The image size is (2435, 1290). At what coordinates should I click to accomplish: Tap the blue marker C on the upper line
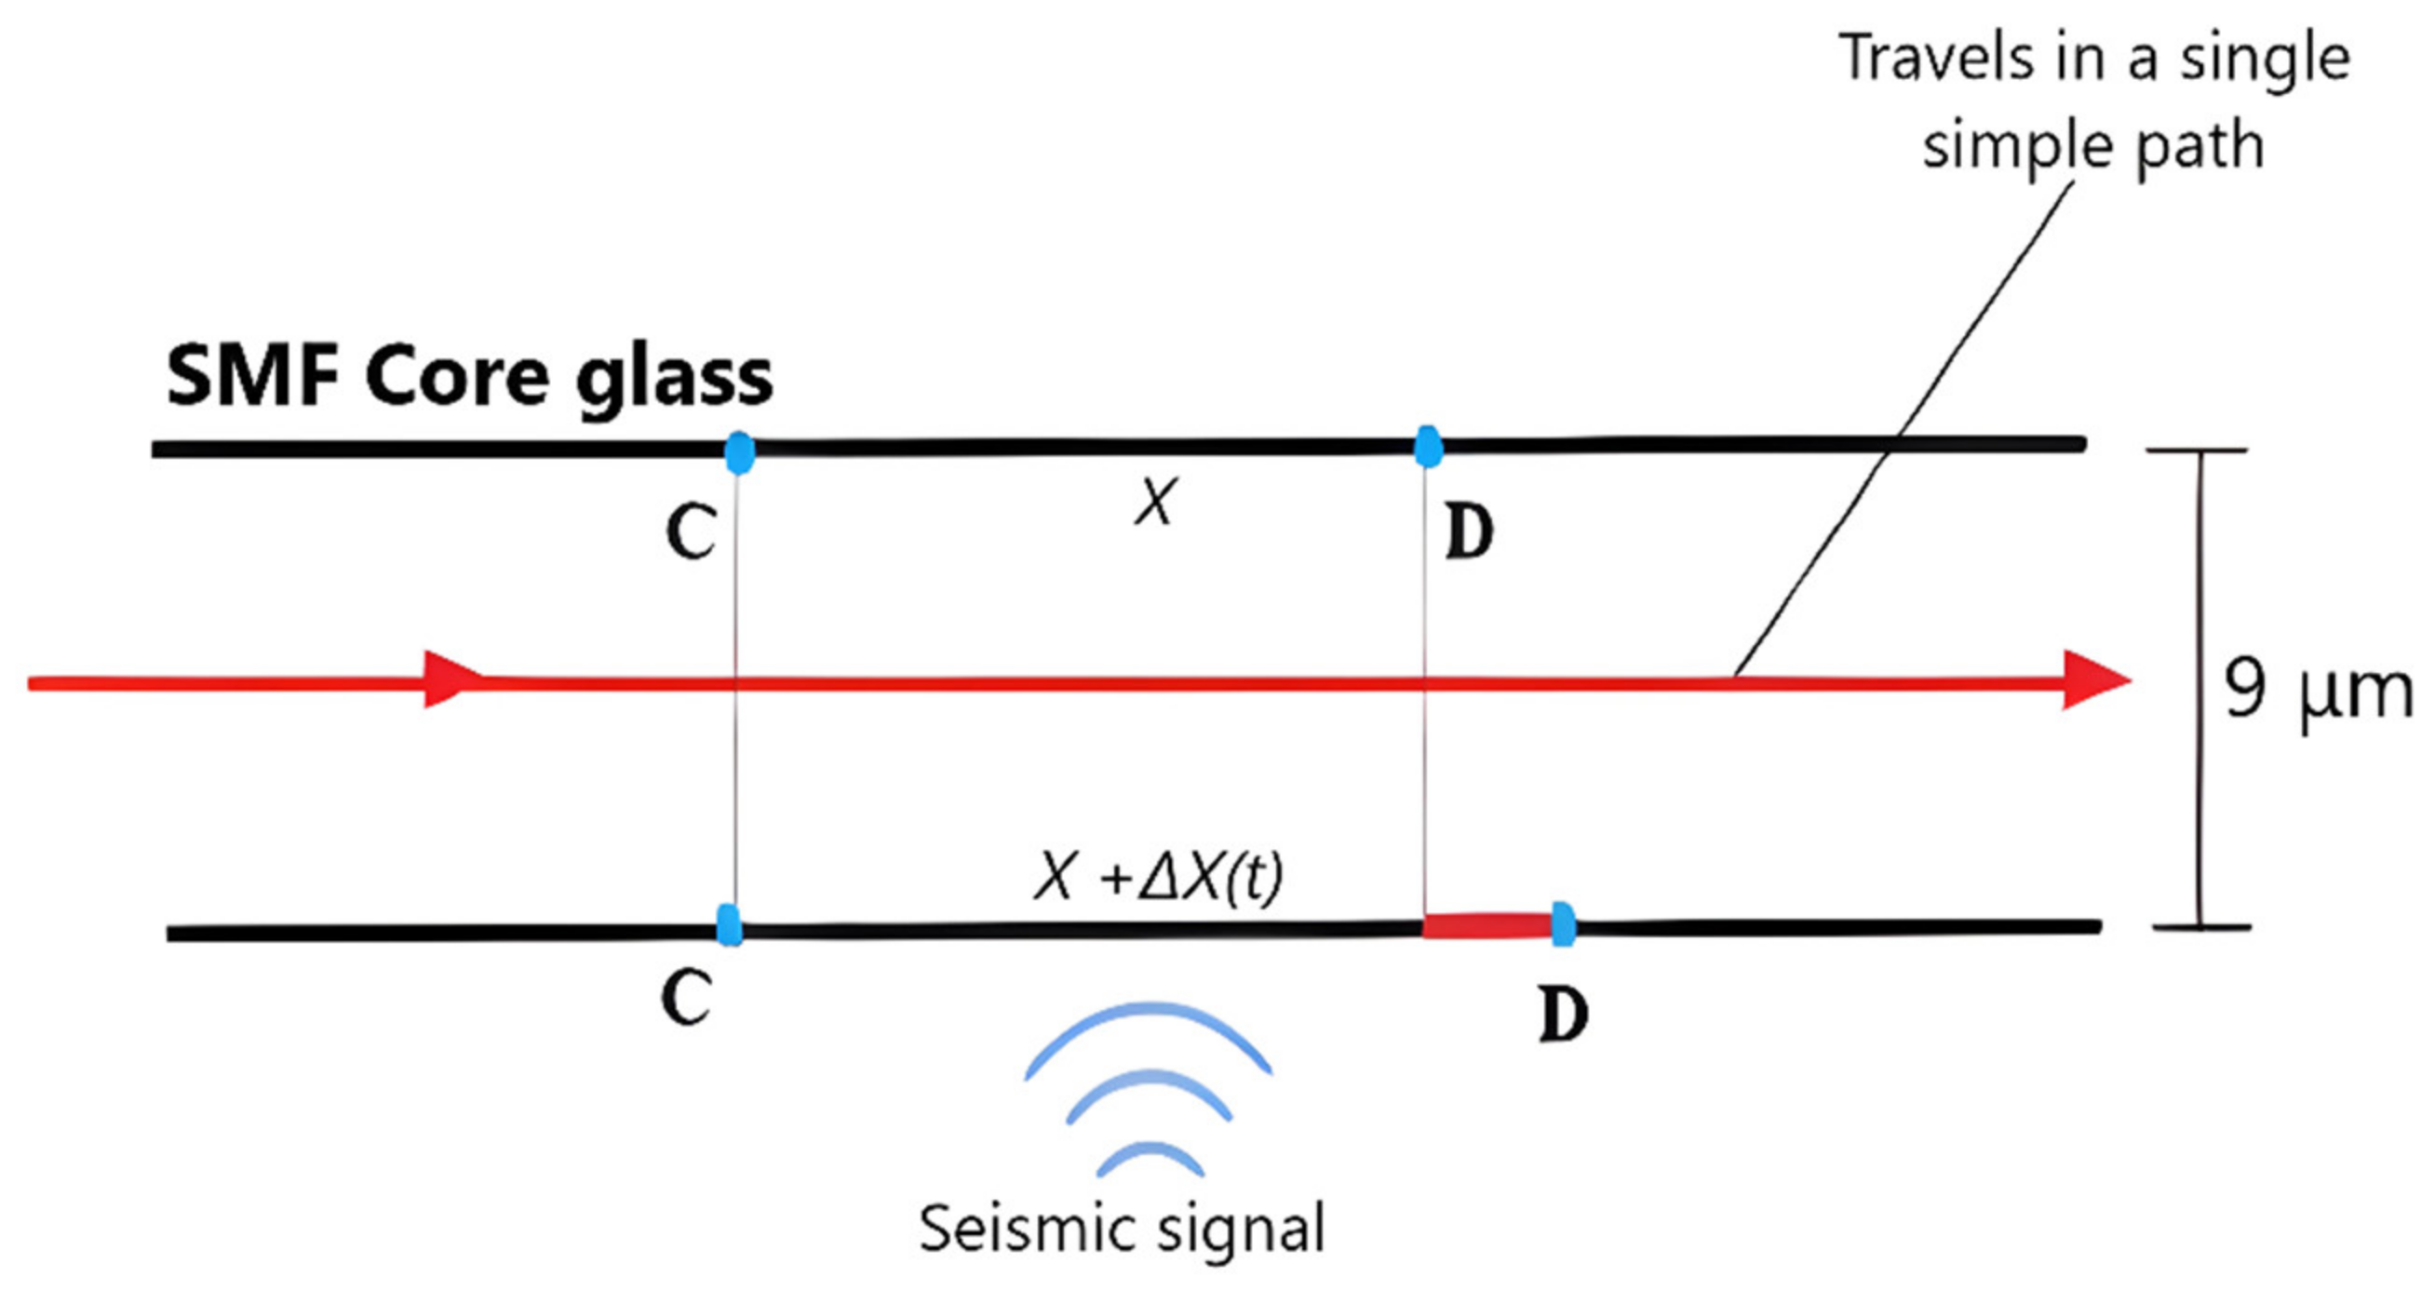[x=739, y=451]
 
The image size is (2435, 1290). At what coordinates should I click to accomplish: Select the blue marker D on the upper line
[x=1428, y=446]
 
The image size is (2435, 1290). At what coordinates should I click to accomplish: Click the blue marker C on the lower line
[x=729, y=924]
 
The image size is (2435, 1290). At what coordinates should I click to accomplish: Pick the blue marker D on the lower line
[x=1564, y=923]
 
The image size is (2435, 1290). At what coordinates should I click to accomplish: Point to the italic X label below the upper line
[x=1155, y=502]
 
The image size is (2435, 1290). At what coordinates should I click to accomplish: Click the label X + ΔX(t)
[x=1159, y=878]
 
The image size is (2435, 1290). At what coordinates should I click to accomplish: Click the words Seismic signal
[x=1122, y=1229]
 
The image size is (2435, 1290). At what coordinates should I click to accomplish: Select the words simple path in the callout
[x=2092, y=146]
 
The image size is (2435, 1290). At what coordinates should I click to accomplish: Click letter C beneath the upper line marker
[x=690, y=532]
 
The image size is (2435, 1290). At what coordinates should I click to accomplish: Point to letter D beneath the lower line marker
[x=1564, y=1015]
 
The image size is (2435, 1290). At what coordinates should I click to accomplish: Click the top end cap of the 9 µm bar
[x=2197, y=450]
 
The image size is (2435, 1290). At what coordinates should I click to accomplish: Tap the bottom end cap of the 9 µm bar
[x=2200, y=927]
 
